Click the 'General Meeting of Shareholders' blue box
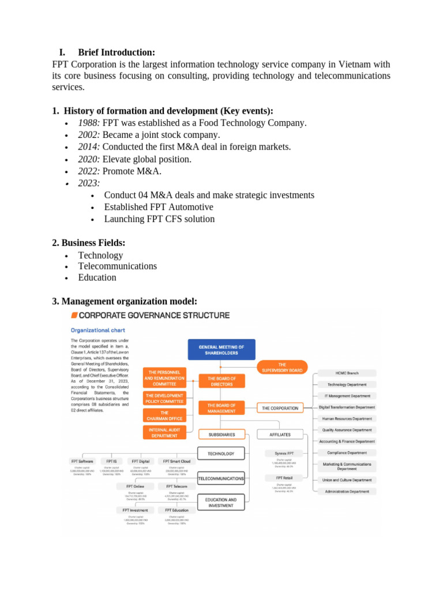(221, 350)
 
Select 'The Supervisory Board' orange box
(282, 367)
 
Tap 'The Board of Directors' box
(221, 381)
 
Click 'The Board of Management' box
(221, 408)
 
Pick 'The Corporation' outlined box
(280, 408)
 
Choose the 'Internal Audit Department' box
(164, 432)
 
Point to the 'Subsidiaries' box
(221, 434)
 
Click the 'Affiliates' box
(280, 434)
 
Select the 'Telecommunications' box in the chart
(221, 479)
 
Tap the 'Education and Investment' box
(221, 503)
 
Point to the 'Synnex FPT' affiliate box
(284, 454)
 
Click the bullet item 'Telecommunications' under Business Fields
(117, 266)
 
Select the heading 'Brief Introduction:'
(117, 52)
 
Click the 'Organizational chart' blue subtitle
(97, 331)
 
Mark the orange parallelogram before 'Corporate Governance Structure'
(73, 315)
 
